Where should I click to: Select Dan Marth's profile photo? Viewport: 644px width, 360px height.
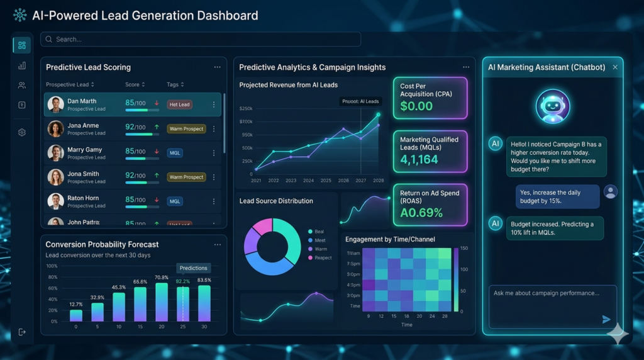click(56, 104)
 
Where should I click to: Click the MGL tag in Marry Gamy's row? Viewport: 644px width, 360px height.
click(175, 153)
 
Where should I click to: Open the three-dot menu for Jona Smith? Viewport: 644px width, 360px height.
click(214, 177)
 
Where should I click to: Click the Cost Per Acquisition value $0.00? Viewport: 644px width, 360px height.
click(416, 106)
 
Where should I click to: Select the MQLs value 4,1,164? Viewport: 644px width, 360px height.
click(419, 160)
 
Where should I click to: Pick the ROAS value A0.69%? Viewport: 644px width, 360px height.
click(421, 213)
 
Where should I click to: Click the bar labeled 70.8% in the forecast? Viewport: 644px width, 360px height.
click(162, 302)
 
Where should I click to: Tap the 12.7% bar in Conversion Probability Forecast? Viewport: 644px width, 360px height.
click(76, 315)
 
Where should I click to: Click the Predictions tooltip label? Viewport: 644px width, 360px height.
click(193, 268)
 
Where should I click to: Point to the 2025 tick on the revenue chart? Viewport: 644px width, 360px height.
click(326, 181)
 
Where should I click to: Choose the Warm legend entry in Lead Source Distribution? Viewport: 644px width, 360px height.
click(320, 249)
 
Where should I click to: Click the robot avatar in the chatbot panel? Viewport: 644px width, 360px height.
click(553, 106)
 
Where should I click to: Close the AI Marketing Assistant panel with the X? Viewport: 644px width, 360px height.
click(615, 67)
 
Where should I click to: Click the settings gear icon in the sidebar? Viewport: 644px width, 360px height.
click(22, 133)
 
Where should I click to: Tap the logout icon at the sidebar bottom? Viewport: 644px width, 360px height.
click(22, 332)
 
